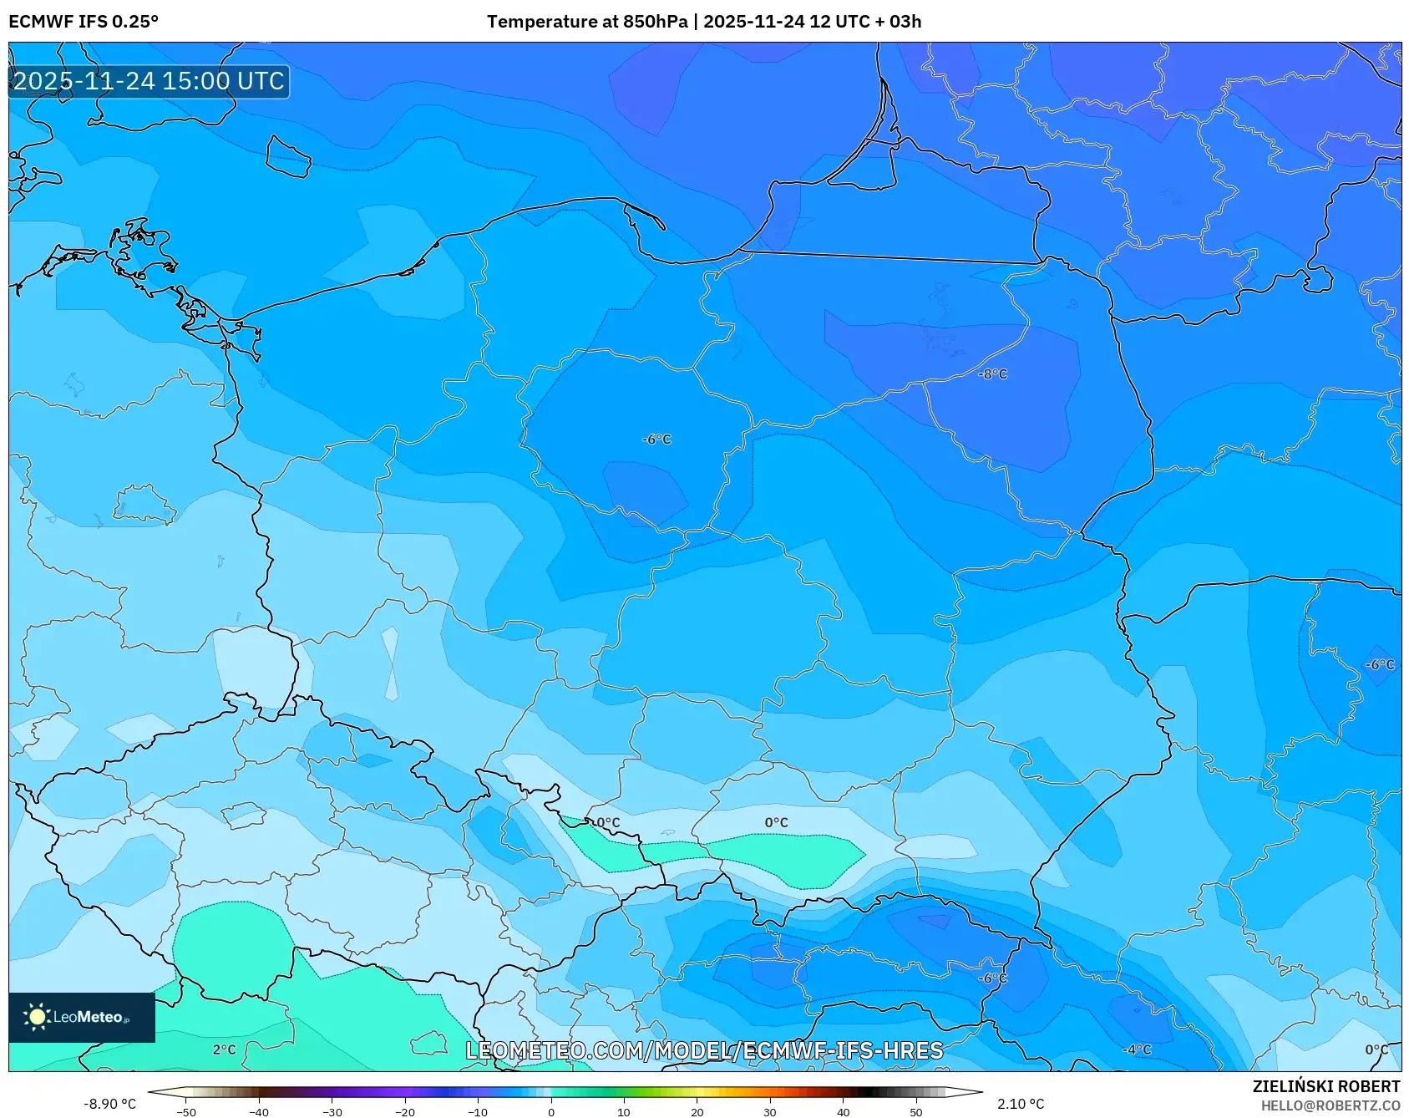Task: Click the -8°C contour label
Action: coord(992,374)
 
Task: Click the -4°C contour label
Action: coord(1137,1049)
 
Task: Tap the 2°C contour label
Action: coord(224,1049)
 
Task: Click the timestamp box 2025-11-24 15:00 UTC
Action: coord(149,81)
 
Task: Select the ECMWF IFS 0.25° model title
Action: coord(84,22)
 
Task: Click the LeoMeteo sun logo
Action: coord(37,1017)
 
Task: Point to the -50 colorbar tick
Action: coord(186,1111)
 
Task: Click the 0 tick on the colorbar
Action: coord(550,1111)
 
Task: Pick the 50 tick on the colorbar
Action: coord(916,1111)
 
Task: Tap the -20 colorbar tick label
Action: coord(405,1111)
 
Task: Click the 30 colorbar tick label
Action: coord(770,1111)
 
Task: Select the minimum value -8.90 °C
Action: coord(109,1104)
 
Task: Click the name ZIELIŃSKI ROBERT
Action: coord(1325,1086)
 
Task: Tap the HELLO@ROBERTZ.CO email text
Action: coord(1330,1105)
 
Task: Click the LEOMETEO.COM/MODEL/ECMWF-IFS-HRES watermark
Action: coord(704,1050)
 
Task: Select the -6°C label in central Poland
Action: coord(656,440)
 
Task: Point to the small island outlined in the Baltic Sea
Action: coord(288,156)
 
